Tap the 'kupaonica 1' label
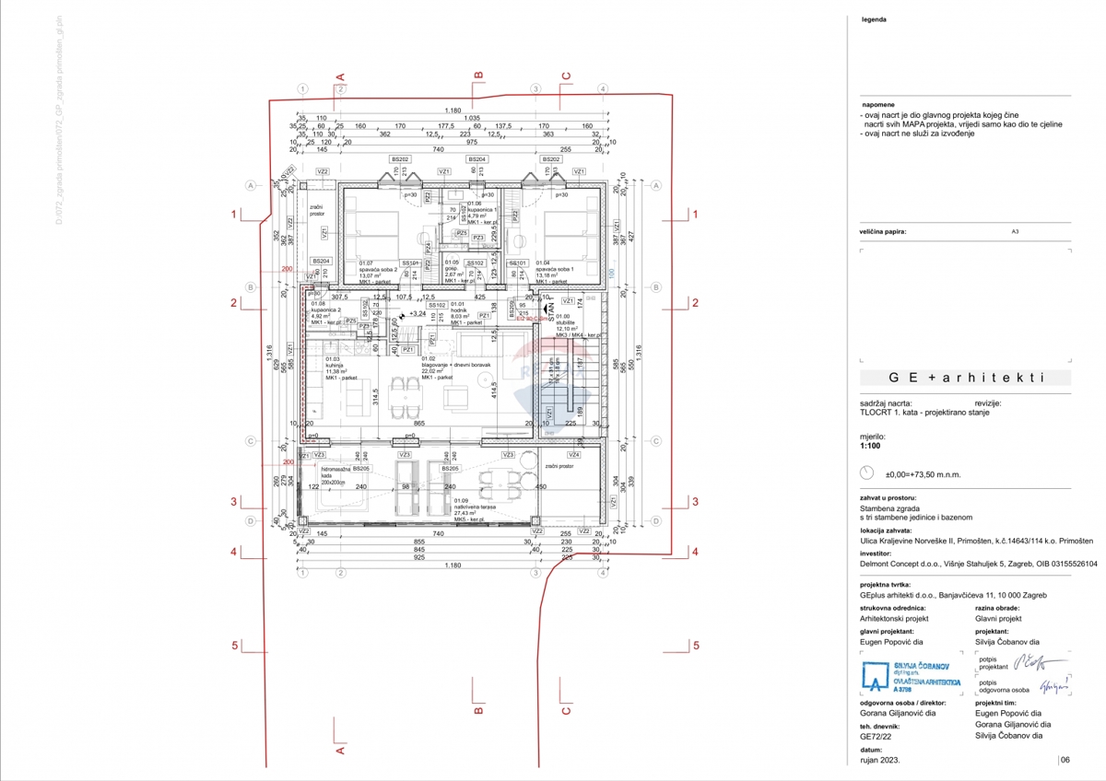[x=488, y=210]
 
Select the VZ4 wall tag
[x=575, y=455]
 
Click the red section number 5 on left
[x=235, y=645]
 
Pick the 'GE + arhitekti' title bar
[x=965, y=378]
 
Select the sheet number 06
[x=1065, y=760]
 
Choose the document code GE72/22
[x=875, y=736]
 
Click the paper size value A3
[x=1016, y=233]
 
